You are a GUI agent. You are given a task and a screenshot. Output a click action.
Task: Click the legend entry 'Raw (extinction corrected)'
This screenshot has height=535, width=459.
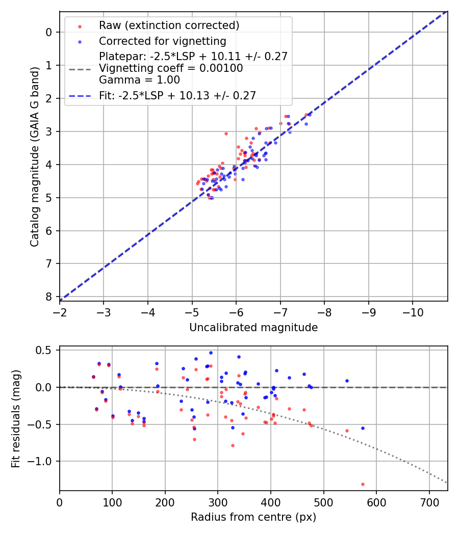click(169, 25)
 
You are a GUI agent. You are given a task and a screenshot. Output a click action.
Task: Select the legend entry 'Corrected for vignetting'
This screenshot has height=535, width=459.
click(162, 41)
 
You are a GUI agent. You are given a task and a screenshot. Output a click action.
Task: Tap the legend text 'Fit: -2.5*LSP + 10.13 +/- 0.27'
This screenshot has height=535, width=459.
click(177, 95)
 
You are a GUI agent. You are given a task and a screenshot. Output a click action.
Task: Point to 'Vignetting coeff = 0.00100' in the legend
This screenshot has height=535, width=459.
click(171, 68)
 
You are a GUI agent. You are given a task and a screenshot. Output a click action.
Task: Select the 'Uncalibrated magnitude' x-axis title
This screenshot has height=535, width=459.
click(253, 328)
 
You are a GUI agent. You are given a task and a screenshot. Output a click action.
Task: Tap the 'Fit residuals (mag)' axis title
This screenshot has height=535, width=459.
click(16, 418)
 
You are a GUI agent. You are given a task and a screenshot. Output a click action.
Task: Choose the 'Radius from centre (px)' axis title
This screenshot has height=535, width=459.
click(253, 517)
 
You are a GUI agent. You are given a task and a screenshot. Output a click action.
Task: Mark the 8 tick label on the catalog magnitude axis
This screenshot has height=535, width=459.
click(48, 297)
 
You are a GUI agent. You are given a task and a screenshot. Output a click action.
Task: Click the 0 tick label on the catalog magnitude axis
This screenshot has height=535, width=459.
click(48, 32)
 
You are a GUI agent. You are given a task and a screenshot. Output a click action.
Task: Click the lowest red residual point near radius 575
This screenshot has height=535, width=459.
click(363, 484)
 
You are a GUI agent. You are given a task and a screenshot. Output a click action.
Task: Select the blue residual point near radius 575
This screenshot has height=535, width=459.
click(363, 428)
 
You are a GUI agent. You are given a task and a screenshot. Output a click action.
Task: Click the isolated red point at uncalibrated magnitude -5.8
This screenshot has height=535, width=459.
click(226, 133)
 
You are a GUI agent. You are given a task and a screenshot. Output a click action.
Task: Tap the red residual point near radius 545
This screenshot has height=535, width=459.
click(347, 431)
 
